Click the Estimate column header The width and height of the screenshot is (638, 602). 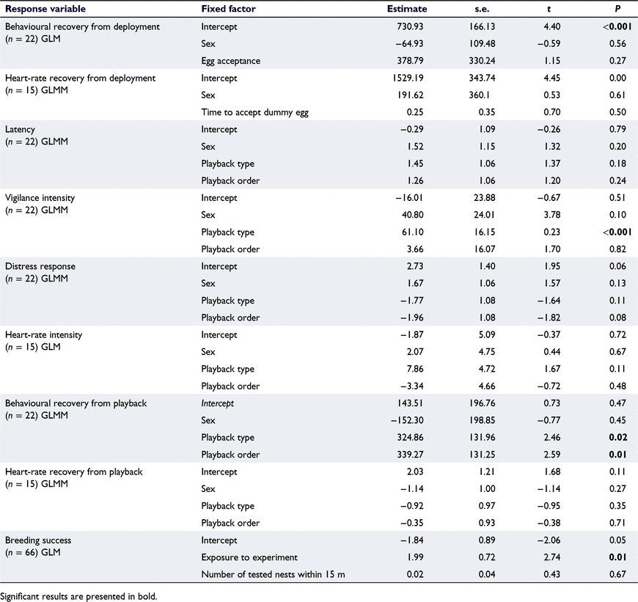pyautogui.click(x=407, y=9)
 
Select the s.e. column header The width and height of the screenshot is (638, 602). pyautogui.click(x=482, y=9)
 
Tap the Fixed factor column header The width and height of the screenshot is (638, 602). pyautogui.click(x=228, y=9)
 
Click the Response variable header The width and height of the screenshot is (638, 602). pyautogui.click(x=45, y=9)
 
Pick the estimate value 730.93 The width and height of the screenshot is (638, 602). pyautogui.click(x=410, y=26)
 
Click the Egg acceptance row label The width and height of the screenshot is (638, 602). pyautogui.click(x=231, y=61)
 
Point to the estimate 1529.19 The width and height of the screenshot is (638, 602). pyautogui.click(x=406, y=78)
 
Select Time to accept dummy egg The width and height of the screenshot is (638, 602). pyautogui.click(x=254, y=112)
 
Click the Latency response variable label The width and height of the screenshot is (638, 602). pyautogui.click(x=20, y=129)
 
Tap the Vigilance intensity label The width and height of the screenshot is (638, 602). pyautogui.click(x=40, y=198)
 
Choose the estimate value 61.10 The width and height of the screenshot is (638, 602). pyautogui.click(x=412, y=232)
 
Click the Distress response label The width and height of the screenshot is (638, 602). pyautogui.click(x=40, y=267)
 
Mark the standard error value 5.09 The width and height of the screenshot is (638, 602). pyautogui.click(x=487, y=335)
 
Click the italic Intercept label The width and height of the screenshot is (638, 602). pyautogui.click(x=217, y=403)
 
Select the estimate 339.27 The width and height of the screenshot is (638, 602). pyautogui.click(x=410, y=455)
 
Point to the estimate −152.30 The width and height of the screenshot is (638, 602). pyautogui.click(x=407, y=421)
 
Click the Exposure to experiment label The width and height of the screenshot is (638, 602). pyautogui.click(x=249, y=558)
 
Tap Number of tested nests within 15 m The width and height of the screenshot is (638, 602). pyautogui.click(x=273, y=575)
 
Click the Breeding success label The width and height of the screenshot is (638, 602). pyautogui.click(x=38, y=540)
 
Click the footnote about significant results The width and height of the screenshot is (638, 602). pyautogui.click(x=81, y=597)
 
